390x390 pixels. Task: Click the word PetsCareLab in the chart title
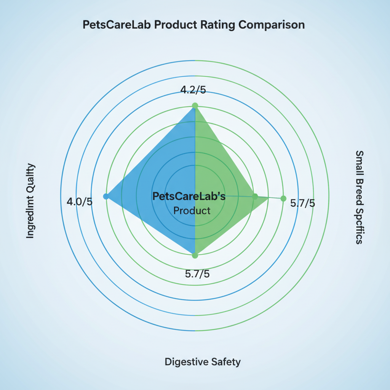click(112, 25)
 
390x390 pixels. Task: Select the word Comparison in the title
click(272, 25)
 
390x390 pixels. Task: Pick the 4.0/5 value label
click(80, 201)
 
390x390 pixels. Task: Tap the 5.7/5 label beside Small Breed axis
click(303, 203)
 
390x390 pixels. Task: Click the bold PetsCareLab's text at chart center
click(189, 196)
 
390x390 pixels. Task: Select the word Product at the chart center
click(192, 211)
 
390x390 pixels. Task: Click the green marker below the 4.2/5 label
click(195, 105)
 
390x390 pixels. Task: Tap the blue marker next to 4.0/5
click(106, 196)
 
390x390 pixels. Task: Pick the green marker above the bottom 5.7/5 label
click(195, 256)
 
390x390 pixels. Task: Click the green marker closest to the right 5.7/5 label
click(283, 198)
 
